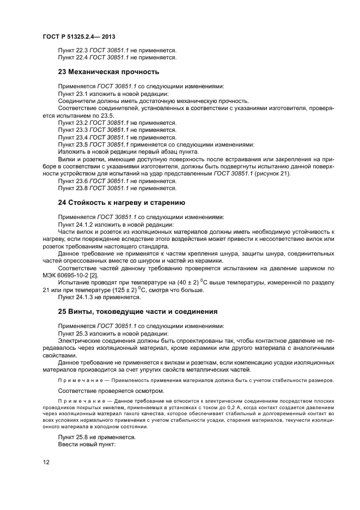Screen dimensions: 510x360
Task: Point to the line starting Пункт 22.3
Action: (117, 50)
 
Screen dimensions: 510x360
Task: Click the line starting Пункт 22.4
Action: (117, 57)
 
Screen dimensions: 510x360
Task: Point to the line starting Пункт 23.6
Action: (117, 181)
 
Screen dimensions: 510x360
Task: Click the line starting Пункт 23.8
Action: (117, 188)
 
